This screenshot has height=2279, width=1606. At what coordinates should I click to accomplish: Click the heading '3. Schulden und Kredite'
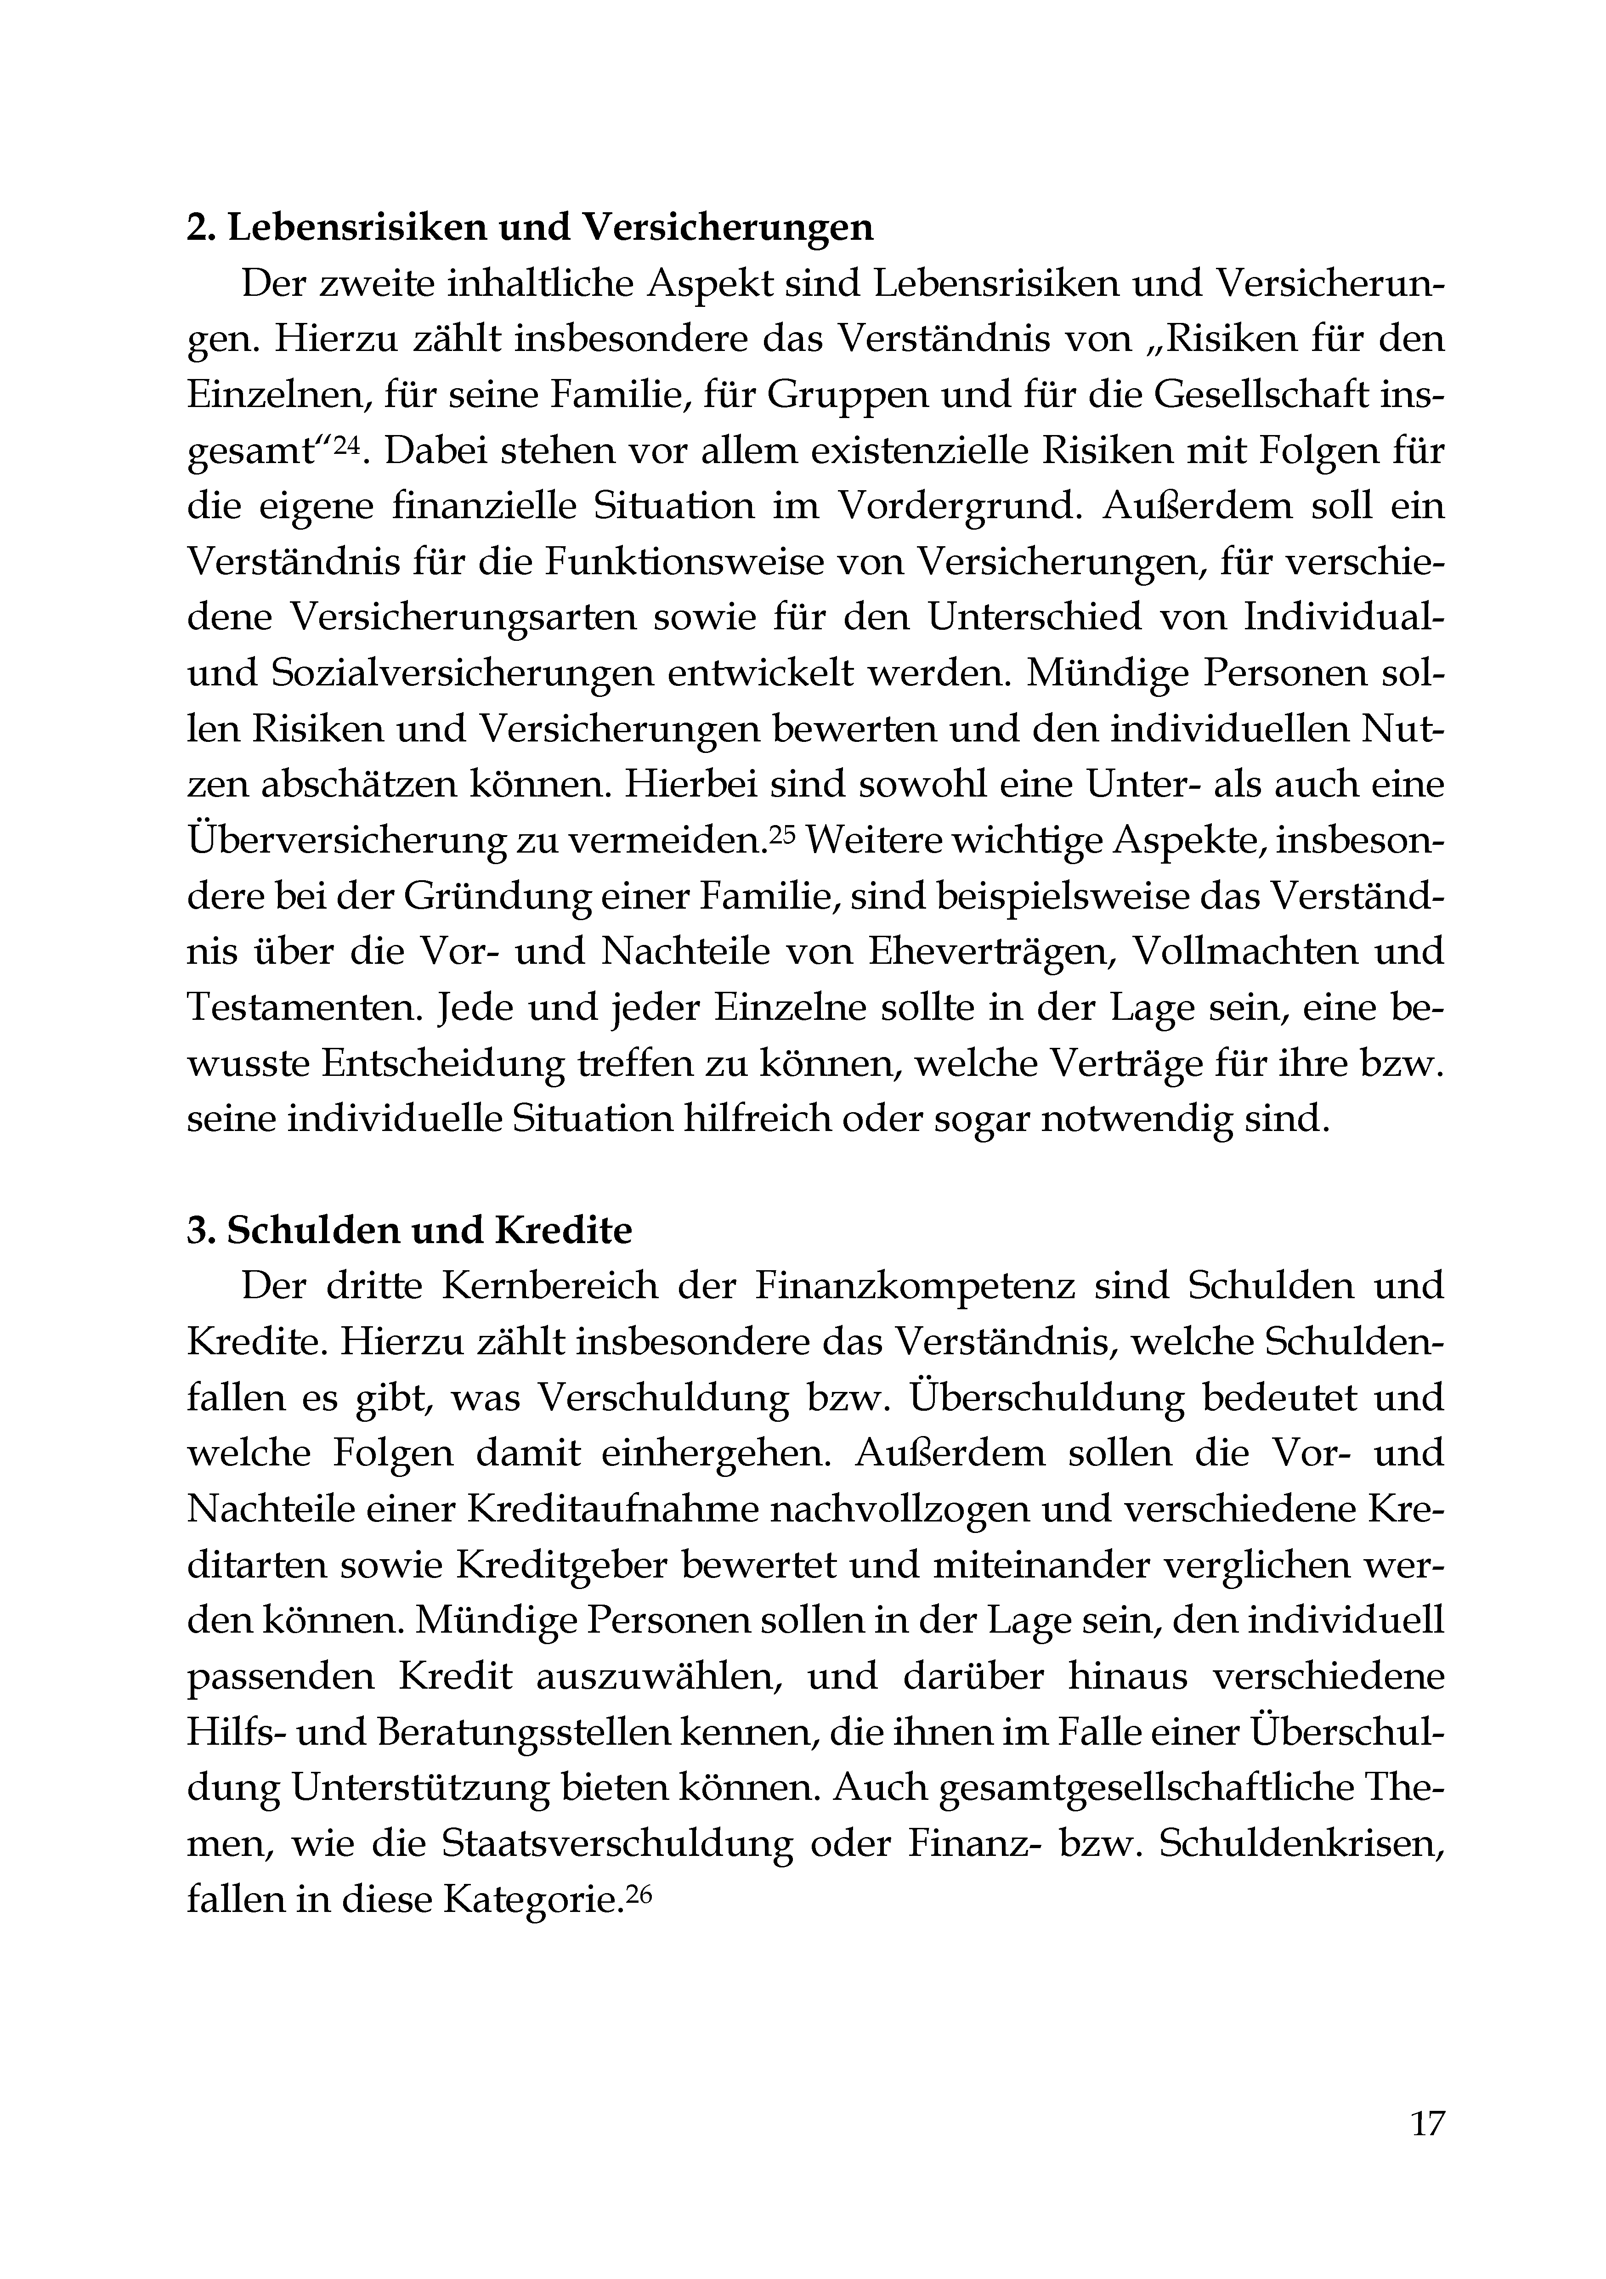click(409, 1231)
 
